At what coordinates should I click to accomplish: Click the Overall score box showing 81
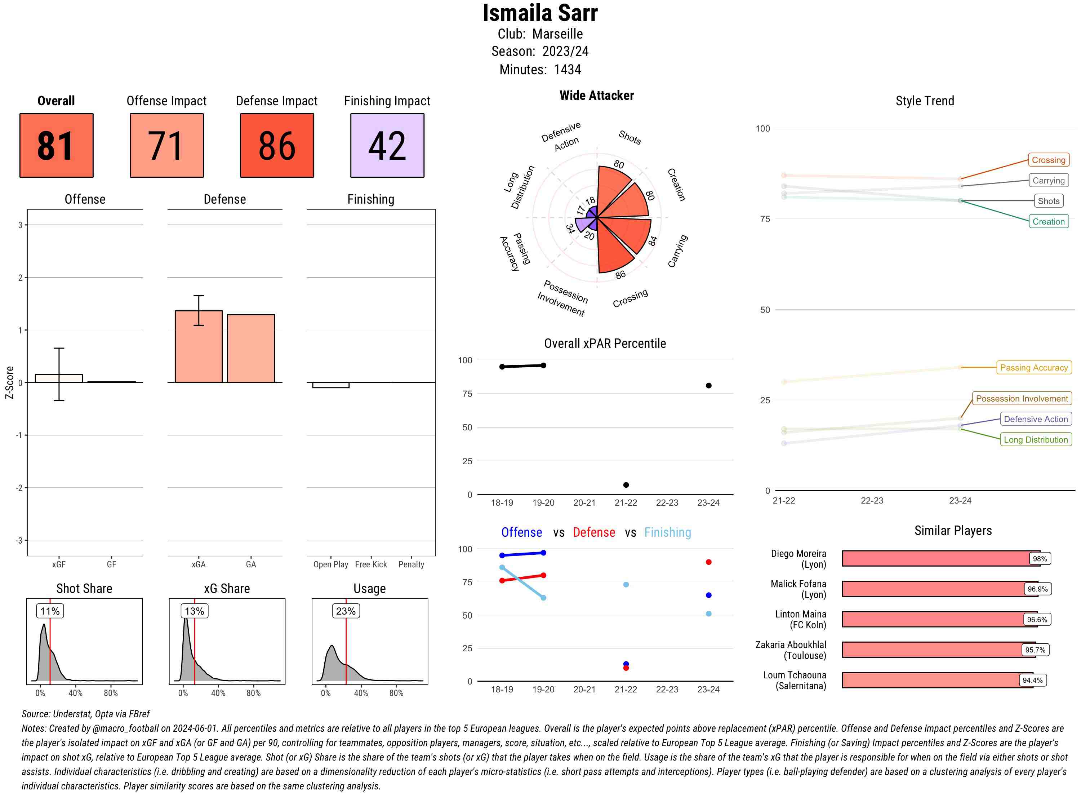click(x=56, y=146)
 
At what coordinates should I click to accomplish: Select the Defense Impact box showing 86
click(x=277, y=146)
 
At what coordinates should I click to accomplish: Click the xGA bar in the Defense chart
click(x=198, y=347)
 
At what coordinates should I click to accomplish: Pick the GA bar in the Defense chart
click(x=251, y=349)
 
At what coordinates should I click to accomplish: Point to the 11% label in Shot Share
click(x=50, y=611)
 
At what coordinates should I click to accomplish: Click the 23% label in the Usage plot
click(x=346, y=611)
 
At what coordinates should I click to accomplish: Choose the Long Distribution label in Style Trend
click(x=1036, y=440)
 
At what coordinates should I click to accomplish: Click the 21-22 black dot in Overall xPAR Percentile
click(x=626, y=485)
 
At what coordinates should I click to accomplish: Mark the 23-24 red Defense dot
click(x=708, y=562)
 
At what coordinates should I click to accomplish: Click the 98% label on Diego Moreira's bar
click(x=1040, y=559)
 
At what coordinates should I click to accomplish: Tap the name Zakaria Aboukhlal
click(x=790, y=644)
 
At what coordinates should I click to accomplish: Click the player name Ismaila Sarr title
click(x=540, y=13)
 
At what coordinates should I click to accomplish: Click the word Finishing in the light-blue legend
click(x=667, y=532)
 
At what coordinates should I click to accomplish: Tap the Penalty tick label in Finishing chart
click(x=411, y=564)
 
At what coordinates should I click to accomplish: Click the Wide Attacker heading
click(x=596, y=96)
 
